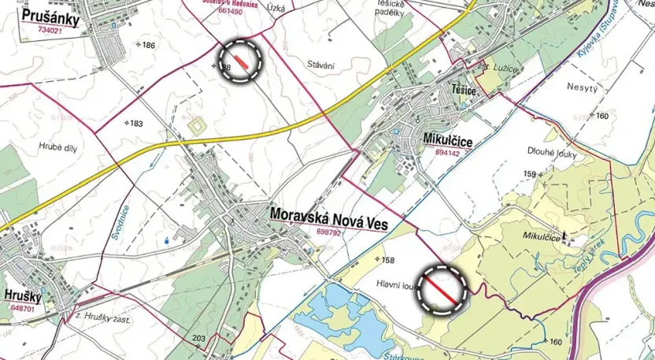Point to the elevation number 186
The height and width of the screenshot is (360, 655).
pyautogui.click(x=148, y=45)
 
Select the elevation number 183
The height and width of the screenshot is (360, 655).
pyautogui.click(x=135, y=124)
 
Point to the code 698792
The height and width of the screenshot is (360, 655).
pyautogui.click(x=332, y=232)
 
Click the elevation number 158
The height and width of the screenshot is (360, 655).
pyautogui.click(x=388, y=259)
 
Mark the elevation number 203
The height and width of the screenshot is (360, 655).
pyautogui.click(x=198, y=339)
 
